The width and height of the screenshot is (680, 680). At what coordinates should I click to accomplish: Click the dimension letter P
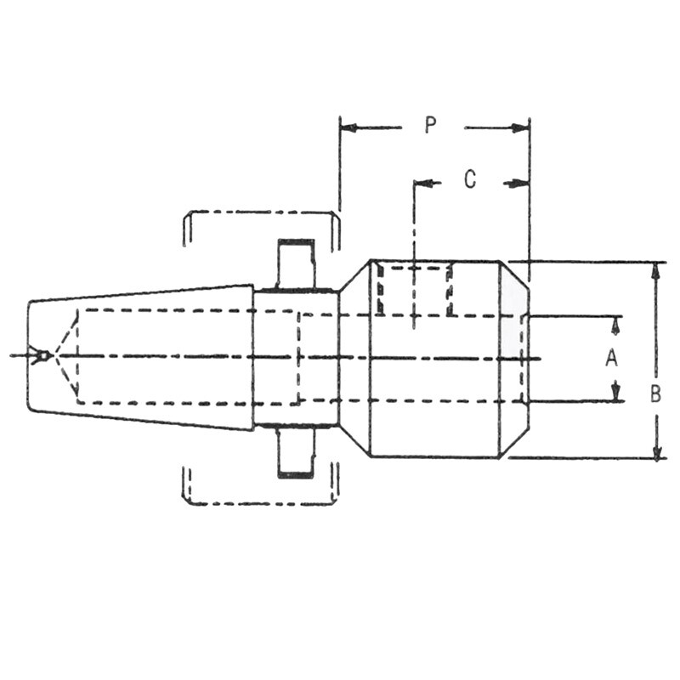430,126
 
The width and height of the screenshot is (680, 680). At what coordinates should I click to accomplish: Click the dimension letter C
469,179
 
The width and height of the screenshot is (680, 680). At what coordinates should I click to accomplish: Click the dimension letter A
610,359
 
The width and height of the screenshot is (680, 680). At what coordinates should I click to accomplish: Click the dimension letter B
655,394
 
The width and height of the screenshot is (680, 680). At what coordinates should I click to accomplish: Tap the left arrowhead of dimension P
348,128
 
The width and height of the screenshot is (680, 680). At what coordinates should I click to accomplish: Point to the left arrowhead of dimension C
423,183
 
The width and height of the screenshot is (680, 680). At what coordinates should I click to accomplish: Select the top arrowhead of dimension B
655,269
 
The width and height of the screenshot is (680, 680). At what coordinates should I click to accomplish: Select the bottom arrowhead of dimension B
655,451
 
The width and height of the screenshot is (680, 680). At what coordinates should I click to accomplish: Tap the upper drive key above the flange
296,264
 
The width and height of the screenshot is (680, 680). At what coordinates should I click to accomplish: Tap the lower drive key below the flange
296,452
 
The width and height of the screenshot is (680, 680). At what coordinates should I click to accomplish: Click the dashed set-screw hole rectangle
414,290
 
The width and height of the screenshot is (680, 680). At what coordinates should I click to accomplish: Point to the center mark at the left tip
39,354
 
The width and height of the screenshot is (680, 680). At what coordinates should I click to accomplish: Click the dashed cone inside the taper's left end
65,354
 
